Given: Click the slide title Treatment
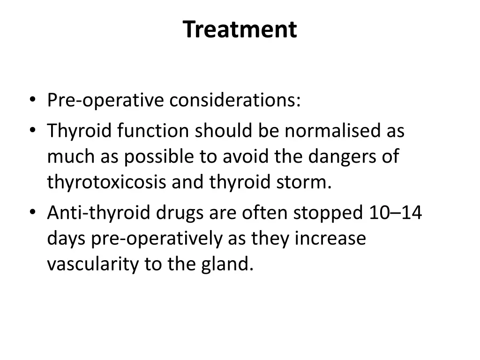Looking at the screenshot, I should click(x=240, y=30).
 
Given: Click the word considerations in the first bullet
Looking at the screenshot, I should click(x=235, y=100).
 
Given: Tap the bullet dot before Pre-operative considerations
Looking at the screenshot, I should click(x=32, y=100).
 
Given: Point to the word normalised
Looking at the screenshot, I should click(x=333, y=131).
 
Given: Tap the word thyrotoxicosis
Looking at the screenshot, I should click(x=106, y=182).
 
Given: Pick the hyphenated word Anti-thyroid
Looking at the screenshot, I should click(x=99, y=213).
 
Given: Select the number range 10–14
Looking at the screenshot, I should click(x=395, y=213).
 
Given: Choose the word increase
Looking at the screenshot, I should click(x=330, y=239).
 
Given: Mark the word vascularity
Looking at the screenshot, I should click(x=93, y=265).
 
